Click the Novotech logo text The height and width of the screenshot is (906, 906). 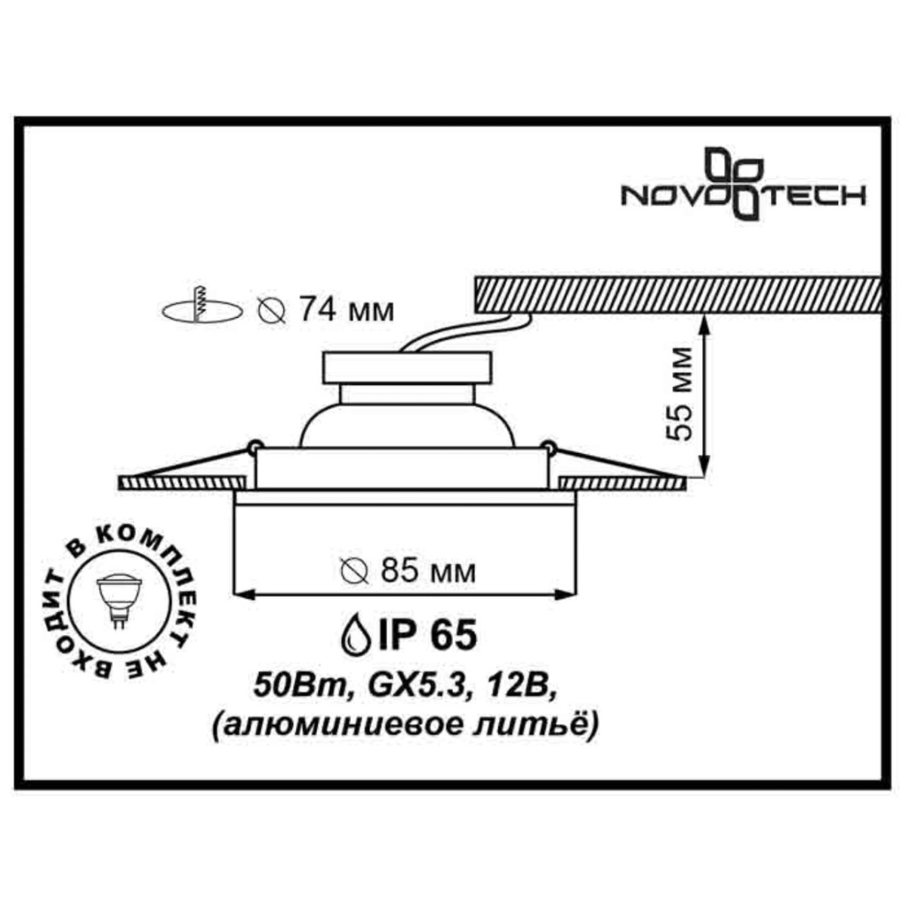pos(743,196)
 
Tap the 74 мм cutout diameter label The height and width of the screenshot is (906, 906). pos(346,310)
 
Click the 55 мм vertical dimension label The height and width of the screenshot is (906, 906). pos(681,393)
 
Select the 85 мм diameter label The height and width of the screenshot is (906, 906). pos(429,572)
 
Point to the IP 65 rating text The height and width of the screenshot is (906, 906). pos(427,634)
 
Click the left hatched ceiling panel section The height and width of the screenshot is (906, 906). pos(182,481)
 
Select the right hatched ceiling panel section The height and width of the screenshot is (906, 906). pos(623,481)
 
